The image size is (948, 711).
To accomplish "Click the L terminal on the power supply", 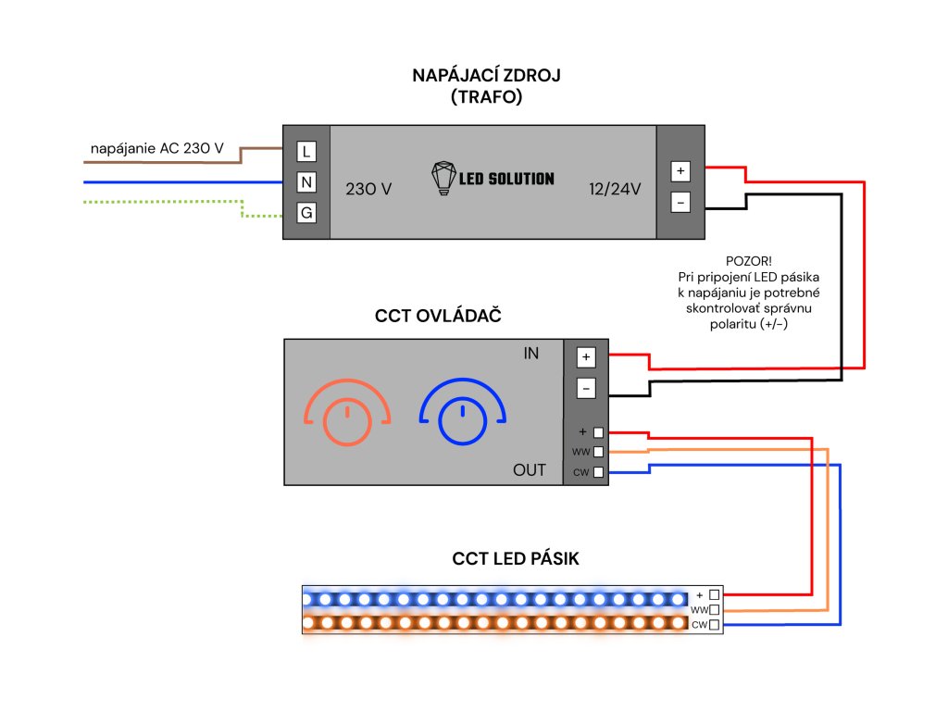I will click(306, 150).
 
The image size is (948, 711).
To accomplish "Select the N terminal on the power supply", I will click(306, 181).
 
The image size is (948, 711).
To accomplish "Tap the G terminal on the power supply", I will click(306, 213).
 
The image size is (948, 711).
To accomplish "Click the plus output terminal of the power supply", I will click(680, 171).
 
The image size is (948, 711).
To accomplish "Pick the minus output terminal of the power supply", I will click(680, 201).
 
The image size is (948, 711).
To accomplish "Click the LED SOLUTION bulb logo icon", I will click(445, 178).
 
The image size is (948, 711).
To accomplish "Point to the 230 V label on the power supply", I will click(368, 189).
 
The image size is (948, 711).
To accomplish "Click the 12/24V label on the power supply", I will click(616, 189).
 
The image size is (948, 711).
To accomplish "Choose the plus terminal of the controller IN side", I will click(585, 357).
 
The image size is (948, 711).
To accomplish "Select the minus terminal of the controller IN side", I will click(585, 388).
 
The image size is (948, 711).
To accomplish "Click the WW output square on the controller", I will click(599, 452).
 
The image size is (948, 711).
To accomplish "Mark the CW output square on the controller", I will click(599, 472).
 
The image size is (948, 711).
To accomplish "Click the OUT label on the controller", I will click(530, 470).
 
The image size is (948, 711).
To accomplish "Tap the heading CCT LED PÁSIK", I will click(516, 559).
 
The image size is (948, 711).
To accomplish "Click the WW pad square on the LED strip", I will click(714, 610).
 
